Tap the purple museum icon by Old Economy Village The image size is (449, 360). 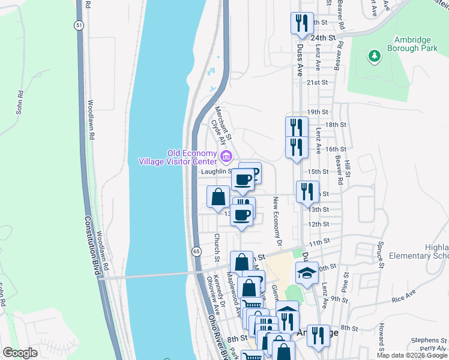(226, 157)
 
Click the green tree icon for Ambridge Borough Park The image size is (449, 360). (375, 56)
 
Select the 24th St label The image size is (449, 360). (322, 37)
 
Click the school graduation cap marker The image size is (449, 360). (307, 273)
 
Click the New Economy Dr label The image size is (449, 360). (277, 221)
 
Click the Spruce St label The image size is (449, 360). (381, 253)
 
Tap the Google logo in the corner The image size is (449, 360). (20, 353)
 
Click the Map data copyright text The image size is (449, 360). (412, 355)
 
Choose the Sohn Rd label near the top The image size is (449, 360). (19, 102)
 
